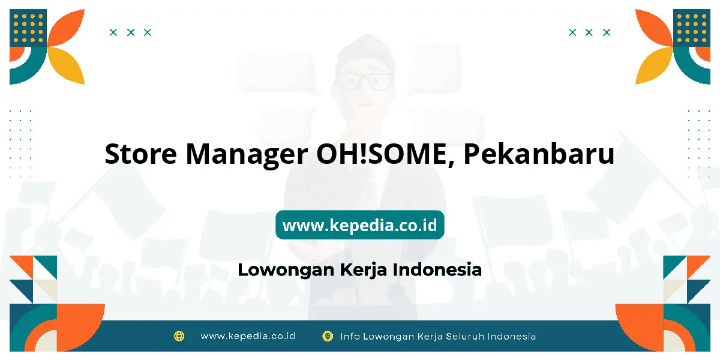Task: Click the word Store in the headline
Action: tap(141, 154)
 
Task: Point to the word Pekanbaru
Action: tap(539, 154)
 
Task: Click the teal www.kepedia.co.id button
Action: tap(360, 224)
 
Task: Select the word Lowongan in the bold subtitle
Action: tap(286, 270)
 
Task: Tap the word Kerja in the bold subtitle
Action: tap(363, 270)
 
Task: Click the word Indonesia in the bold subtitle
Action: tap(437, 269)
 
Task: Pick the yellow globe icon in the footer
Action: tap(179, 336)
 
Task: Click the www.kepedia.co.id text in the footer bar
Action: tap(248, 336)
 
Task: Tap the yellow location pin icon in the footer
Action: tap(328, 336)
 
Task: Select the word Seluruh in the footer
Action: tap(465, 336)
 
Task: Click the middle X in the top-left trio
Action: tap(131, 32)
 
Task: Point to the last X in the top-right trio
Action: tap(607, 32)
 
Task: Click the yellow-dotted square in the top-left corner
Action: tap(28, 28)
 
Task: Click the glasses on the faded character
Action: tap(364, 82)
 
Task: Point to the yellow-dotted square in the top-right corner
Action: tap(692, 28)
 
